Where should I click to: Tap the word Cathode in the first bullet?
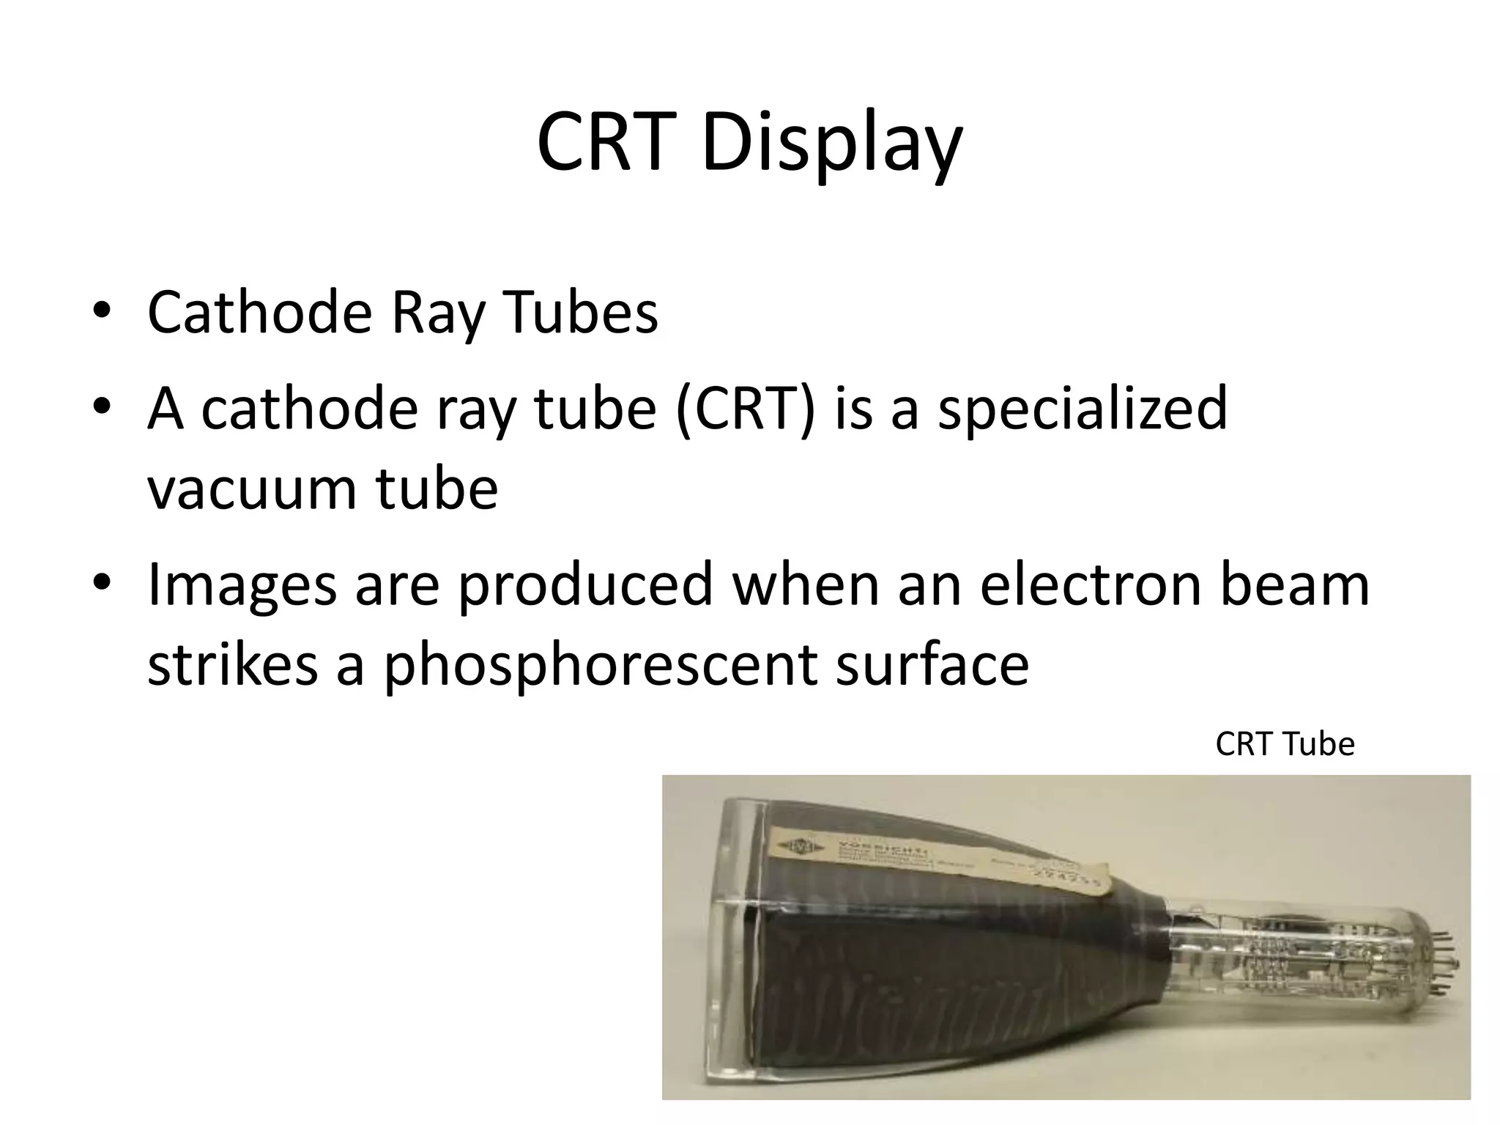tap(260, 313)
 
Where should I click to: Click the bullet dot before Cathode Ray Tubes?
tap(102, 311)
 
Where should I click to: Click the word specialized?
tap(1083, 409)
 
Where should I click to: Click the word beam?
tap(1294, 584)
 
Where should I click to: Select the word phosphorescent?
tap(601, 666)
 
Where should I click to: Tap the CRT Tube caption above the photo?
tap(1285, 744)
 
